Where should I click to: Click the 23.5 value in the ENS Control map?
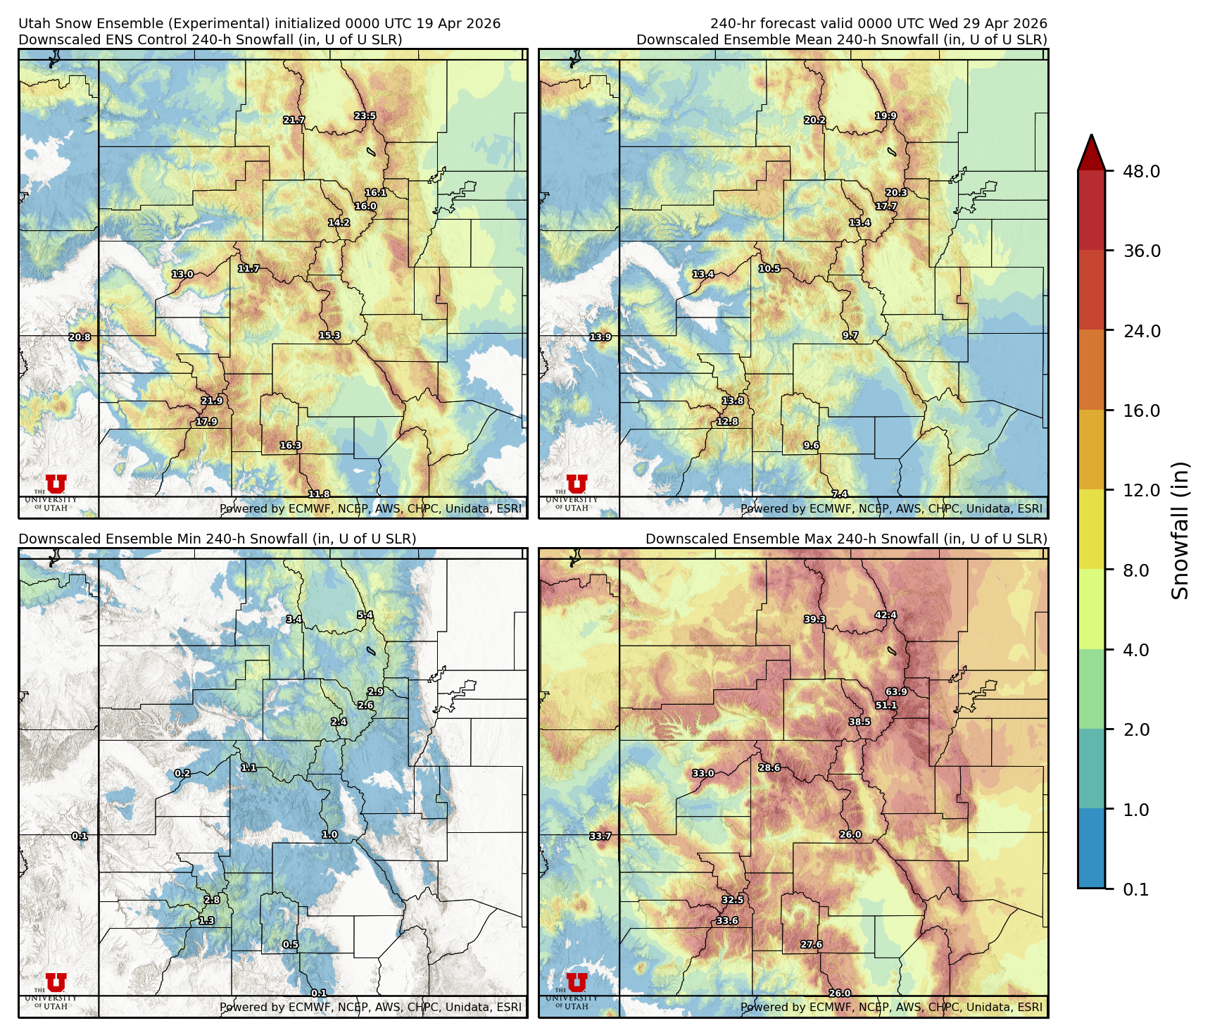coord(365,116)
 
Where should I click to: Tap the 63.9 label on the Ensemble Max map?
coord(896,692)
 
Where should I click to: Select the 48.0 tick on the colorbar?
coord(1141,171)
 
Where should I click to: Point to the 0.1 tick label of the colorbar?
coord(1135,890)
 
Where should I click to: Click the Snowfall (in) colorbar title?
coord(1180,530)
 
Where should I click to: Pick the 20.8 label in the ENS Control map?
coord(80,337)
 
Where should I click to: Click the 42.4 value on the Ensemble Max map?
coord(886,615)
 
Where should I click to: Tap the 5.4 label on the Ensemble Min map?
coord(365,615)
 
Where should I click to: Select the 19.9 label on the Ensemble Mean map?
coord(886,116)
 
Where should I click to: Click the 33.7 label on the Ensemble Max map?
coord(600,836)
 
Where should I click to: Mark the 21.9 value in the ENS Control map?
coord(212,401)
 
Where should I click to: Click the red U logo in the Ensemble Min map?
coord(56,982)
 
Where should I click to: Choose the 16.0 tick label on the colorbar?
coord(1141,411)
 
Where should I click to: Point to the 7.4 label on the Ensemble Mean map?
coord(840,494)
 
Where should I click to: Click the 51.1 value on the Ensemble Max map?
coord(886,705)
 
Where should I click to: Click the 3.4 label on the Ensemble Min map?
coord(294,620)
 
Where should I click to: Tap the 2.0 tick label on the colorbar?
coord(1135,730)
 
